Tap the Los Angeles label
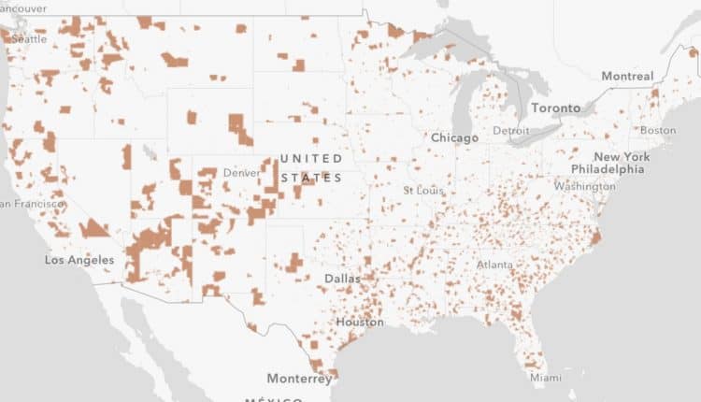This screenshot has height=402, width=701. [79, 259]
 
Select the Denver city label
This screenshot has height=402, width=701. [241, 173]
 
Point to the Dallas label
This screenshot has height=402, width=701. [343, 279]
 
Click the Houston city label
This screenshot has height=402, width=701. [359, 322]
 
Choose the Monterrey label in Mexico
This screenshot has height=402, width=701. [299, 379]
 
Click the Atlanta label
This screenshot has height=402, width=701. [494, 265]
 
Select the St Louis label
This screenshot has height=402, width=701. [420, 191]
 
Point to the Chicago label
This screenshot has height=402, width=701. [454, 137]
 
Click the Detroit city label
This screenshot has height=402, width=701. [510, 130]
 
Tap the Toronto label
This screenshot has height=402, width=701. [555, 108]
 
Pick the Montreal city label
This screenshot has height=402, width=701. [627, 75]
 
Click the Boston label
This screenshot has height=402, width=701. [658, 130]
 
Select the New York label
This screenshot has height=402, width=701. [622, 156]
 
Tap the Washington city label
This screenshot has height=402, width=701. [584, 186]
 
